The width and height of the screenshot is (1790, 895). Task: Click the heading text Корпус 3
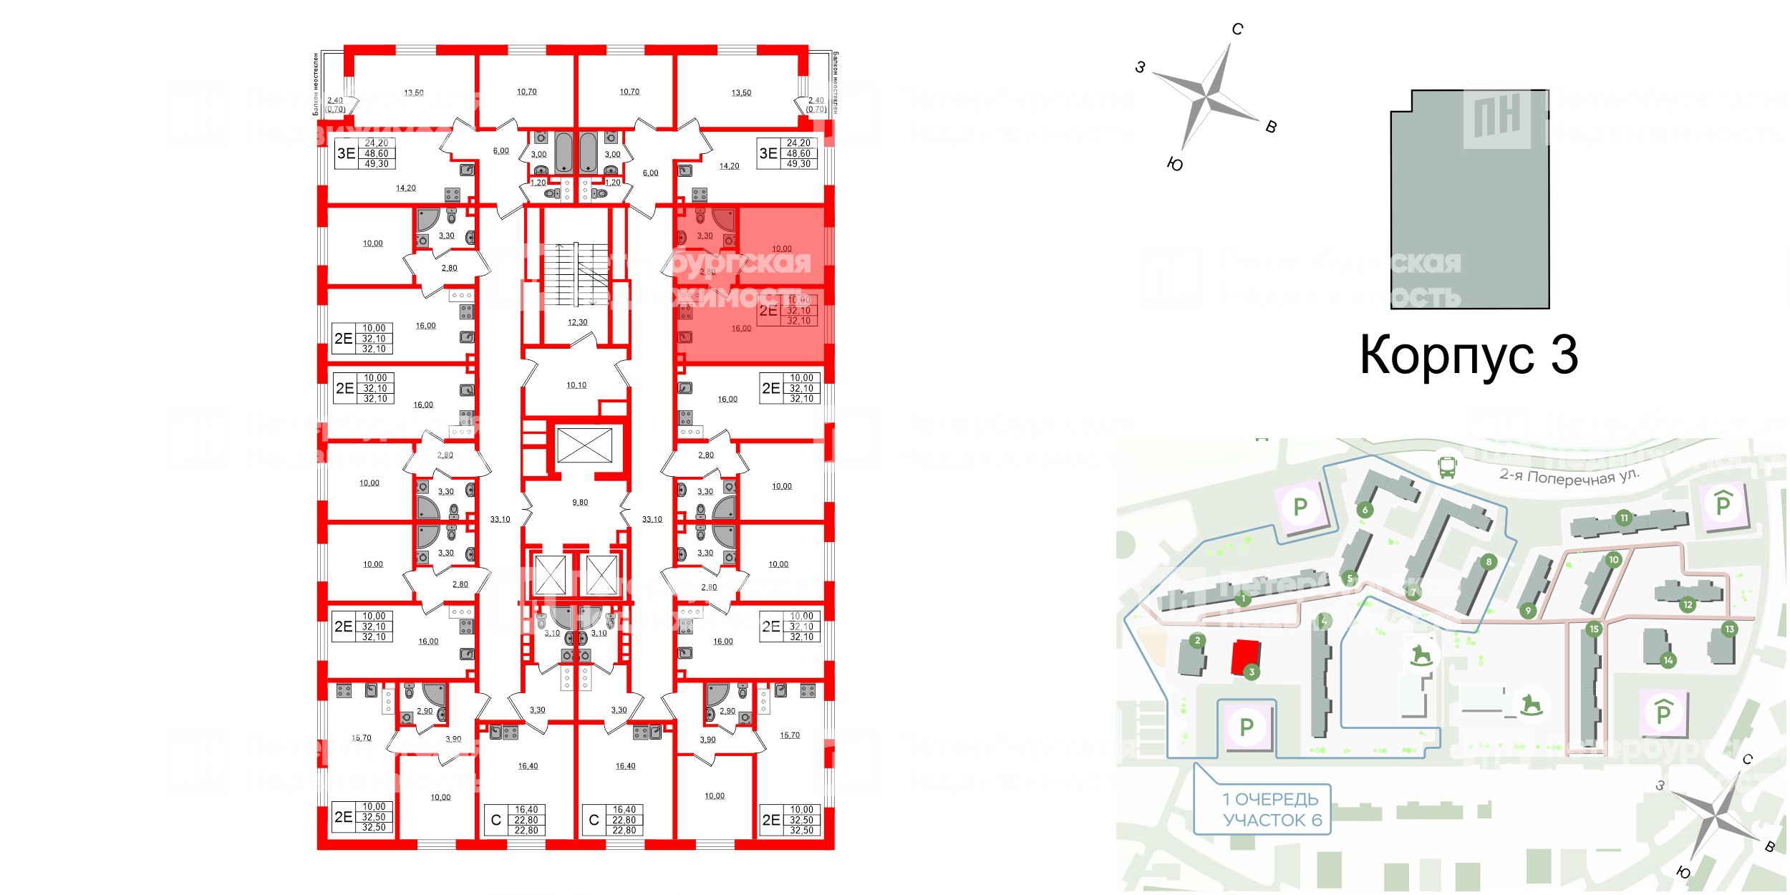1468,355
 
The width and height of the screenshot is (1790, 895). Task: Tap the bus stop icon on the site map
1447,468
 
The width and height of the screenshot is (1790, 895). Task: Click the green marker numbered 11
1624,518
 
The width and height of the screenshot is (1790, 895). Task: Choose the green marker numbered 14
1668,660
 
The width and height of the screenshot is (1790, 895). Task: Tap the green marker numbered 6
1365,510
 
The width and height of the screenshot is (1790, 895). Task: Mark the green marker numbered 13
1729,629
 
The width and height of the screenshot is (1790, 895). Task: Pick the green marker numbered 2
1197,640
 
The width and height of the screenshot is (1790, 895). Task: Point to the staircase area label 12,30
577,322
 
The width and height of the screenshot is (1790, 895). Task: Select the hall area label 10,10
576,385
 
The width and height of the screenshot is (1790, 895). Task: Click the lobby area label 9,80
580,503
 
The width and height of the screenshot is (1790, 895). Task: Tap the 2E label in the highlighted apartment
768,311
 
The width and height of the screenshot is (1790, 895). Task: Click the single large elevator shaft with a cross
584,445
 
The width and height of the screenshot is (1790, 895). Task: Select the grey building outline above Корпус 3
1469,200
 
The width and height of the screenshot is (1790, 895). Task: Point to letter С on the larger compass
1237,29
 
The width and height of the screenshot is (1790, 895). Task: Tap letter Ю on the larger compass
1175,165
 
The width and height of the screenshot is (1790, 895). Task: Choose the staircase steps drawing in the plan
576,274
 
